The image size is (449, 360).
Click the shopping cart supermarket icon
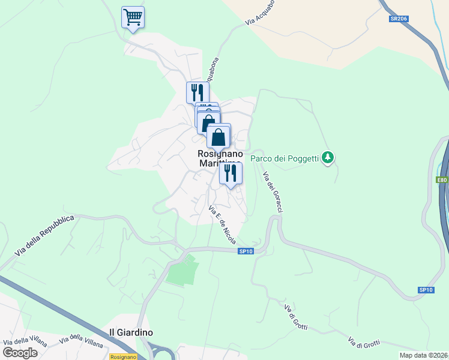pos(133,17)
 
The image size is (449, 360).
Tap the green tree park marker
pos(327,158)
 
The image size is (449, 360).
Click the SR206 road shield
pos(398,19)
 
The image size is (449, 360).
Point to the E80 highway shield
pos(442,179)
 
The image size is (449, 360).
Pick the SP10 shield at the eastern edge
pos(426,290)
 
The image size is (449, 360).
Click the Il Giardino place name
pos(131,332)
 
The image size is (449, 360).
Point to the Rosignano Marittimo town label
pos(219,158)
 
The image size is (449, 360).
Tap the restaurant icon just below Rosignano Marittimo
pos(231,173)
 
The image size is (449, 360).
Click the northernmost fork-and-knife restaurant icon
pos(197,92)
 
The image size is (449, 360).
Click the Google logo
pos(20,353)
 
